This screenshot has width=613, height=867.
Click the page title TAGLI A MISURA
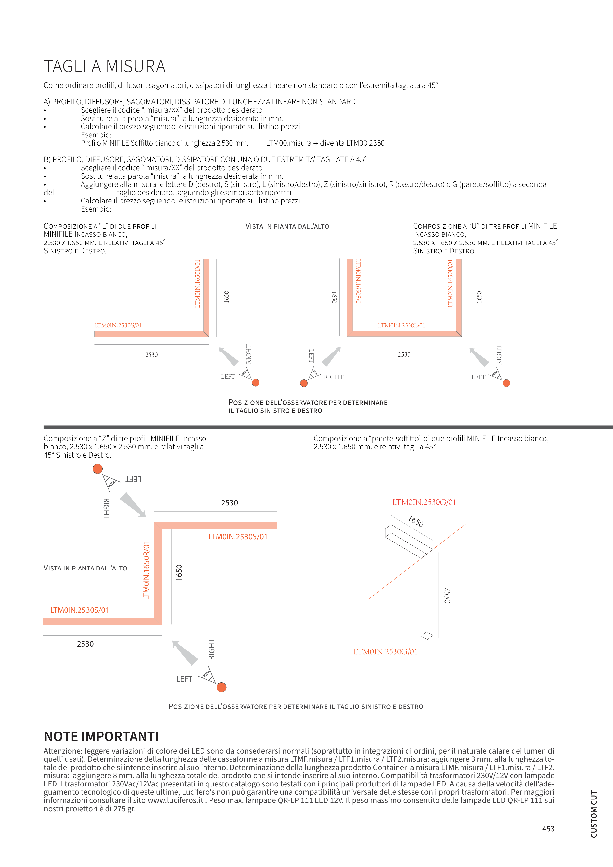(x=105, y=67)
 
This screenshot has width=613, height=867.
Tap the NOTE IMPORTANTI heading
(x=101, y=736)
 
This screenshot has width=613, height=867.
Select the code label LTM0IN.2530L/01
(x=401, y=325)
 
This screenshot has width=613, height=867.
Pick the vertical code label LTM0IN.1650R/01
(x=147, y=570)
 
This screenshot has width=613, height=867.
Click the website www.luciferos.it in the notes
(x=175, y=800)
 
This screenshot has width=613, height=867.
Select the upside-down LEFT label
(x=133, y=479)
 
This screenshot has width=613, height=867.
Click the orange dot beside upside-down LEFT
(x=97, y=469)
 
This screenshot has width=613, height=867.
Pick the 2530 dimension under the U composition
(x=404, y=354)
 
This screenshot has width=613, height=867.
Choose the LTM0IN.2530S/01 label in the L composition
(x=118, y=325)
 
